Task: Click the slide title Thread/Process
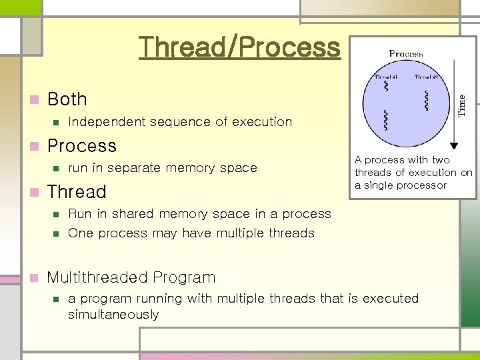click(239, 47)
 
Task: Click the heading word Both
click(67, 99)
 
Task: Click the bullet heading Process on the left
click(82, 146)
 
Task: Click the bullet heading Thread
click(77, 192)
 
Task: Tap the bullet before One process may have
click(57, 233)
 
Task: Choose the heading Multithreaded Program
click(131, 277)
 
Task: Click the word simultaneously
click(113, 315)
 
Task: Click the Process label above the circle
click(406, 54)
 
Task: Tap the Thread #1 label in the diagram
click(386, 77)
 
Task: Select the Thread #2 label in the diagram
click(426, 77)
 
